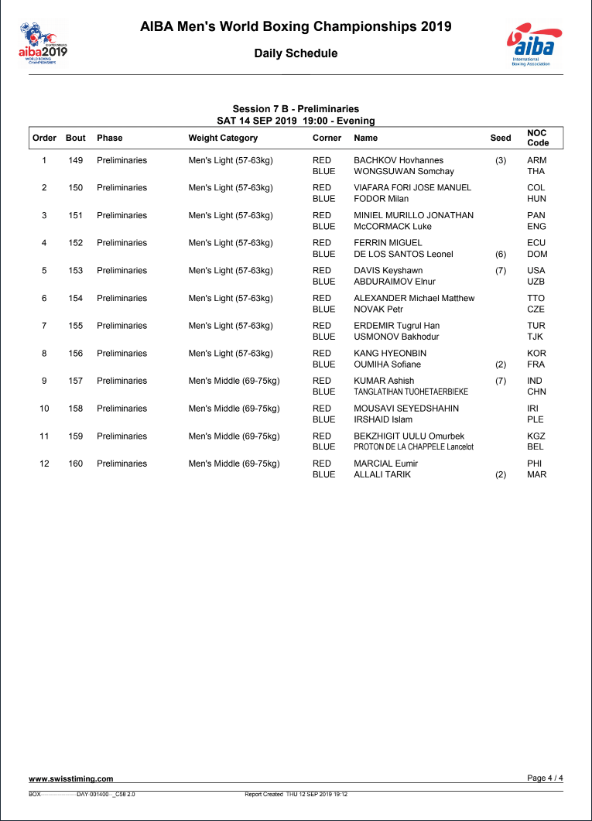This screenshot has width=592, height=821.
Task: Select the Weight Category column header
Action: [223, 138]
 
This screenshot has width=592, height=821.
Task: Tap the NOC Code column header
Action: [538, 138]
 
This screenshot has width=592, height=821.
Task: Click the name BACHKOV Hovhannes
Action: [399, 160]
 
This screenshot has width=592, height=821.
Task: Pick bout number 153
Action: [75, 271]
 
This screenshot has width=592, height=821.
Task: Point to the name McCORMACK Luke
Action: [392, 227]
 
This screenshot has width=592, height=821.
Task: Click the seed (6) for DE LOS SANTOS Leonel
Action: [500, 254]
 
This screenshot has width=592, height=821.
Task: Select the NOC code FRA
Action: [536, 364]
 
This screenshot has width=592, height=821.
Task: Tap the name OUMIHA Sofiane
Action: [387, 364]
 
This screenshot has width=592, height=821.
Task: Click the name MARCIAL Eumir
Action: [385, 464]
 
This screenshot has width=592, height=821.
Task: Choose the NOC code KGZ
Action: [536, 436]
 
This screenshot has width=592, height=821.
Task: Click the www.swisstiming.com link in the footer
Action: [71, 778]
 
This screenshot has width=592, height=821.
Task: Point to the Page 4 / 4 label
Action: [545, 778]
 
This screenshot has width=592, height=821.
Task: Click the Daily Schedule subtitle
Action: [296, 53]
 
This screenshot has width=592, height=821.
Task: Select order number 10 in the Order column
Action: [44, 409]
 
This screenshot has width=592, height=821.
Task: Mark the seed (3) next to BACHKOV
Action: [500, 160]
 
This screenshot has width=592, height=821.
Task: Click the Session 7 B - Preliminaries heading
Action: [296, 109]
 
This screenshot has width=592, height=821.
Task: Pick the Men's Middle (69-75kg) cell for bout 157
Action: [234, 381]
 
